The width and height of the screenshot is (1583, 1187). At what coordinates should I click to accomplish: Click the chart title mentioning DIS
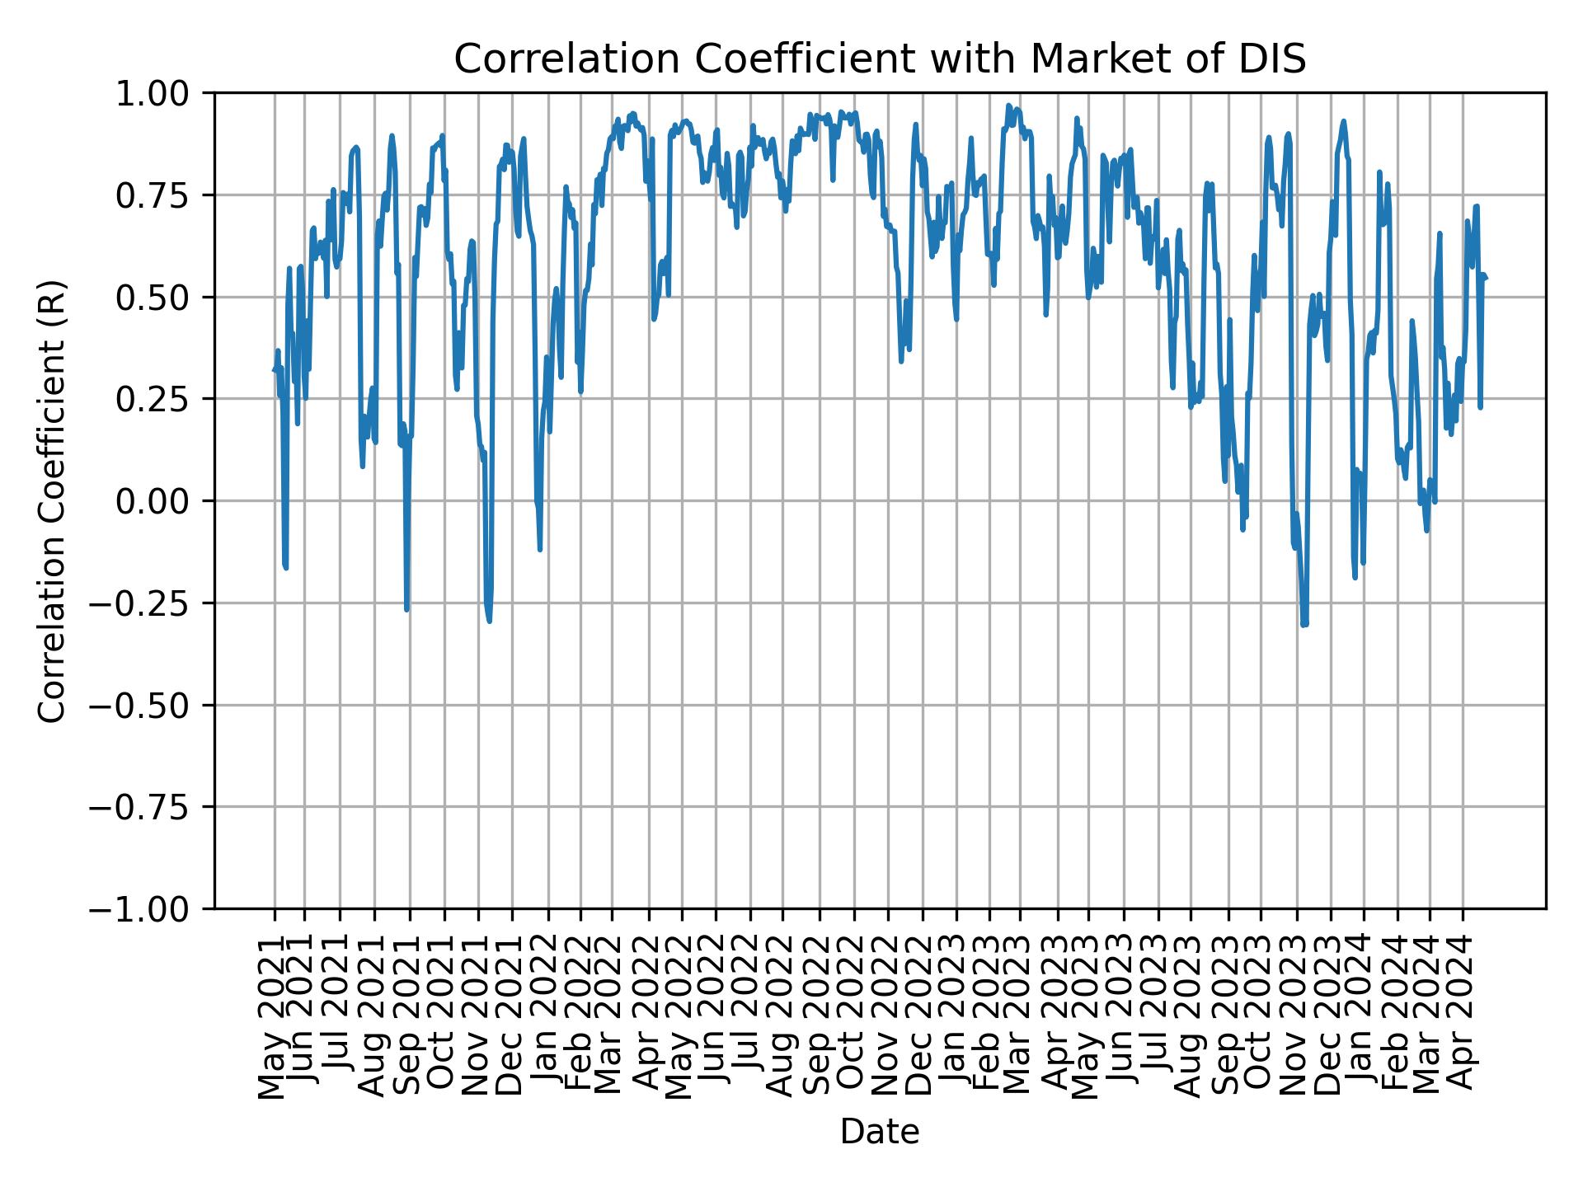(x=880, y=59)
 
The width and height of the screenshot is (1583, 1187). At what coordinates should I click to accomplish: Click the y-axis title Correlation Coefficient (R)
(x=52, y=500)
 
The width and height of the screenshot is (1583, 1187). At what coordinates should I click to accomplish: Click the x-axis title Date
(x=880, y=1132)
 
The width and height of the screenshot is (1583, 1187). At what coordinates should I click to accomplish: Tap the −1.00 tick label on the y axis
(x=151, y=909)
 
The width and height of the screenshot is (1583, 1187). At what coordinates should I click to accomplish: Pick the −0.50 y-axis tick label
(x=151, y=705)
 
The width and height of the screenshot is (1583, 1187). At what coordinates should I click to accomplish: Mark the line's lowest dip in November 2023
(x=1304, y=625)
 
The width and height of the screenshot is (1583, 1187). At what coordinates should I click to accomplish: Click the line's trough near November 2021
(x=490, y=621)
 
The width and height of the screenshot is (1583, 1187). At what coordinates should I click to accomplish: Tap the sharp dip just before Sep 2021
(x=406, y=609)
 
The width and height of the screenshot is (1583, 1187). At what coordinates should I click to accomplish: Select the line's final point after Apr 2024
(x=1486, y=279)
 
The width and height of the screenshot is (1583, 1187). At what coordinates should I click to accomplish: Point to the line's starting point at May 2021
(x=274, y=370)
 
